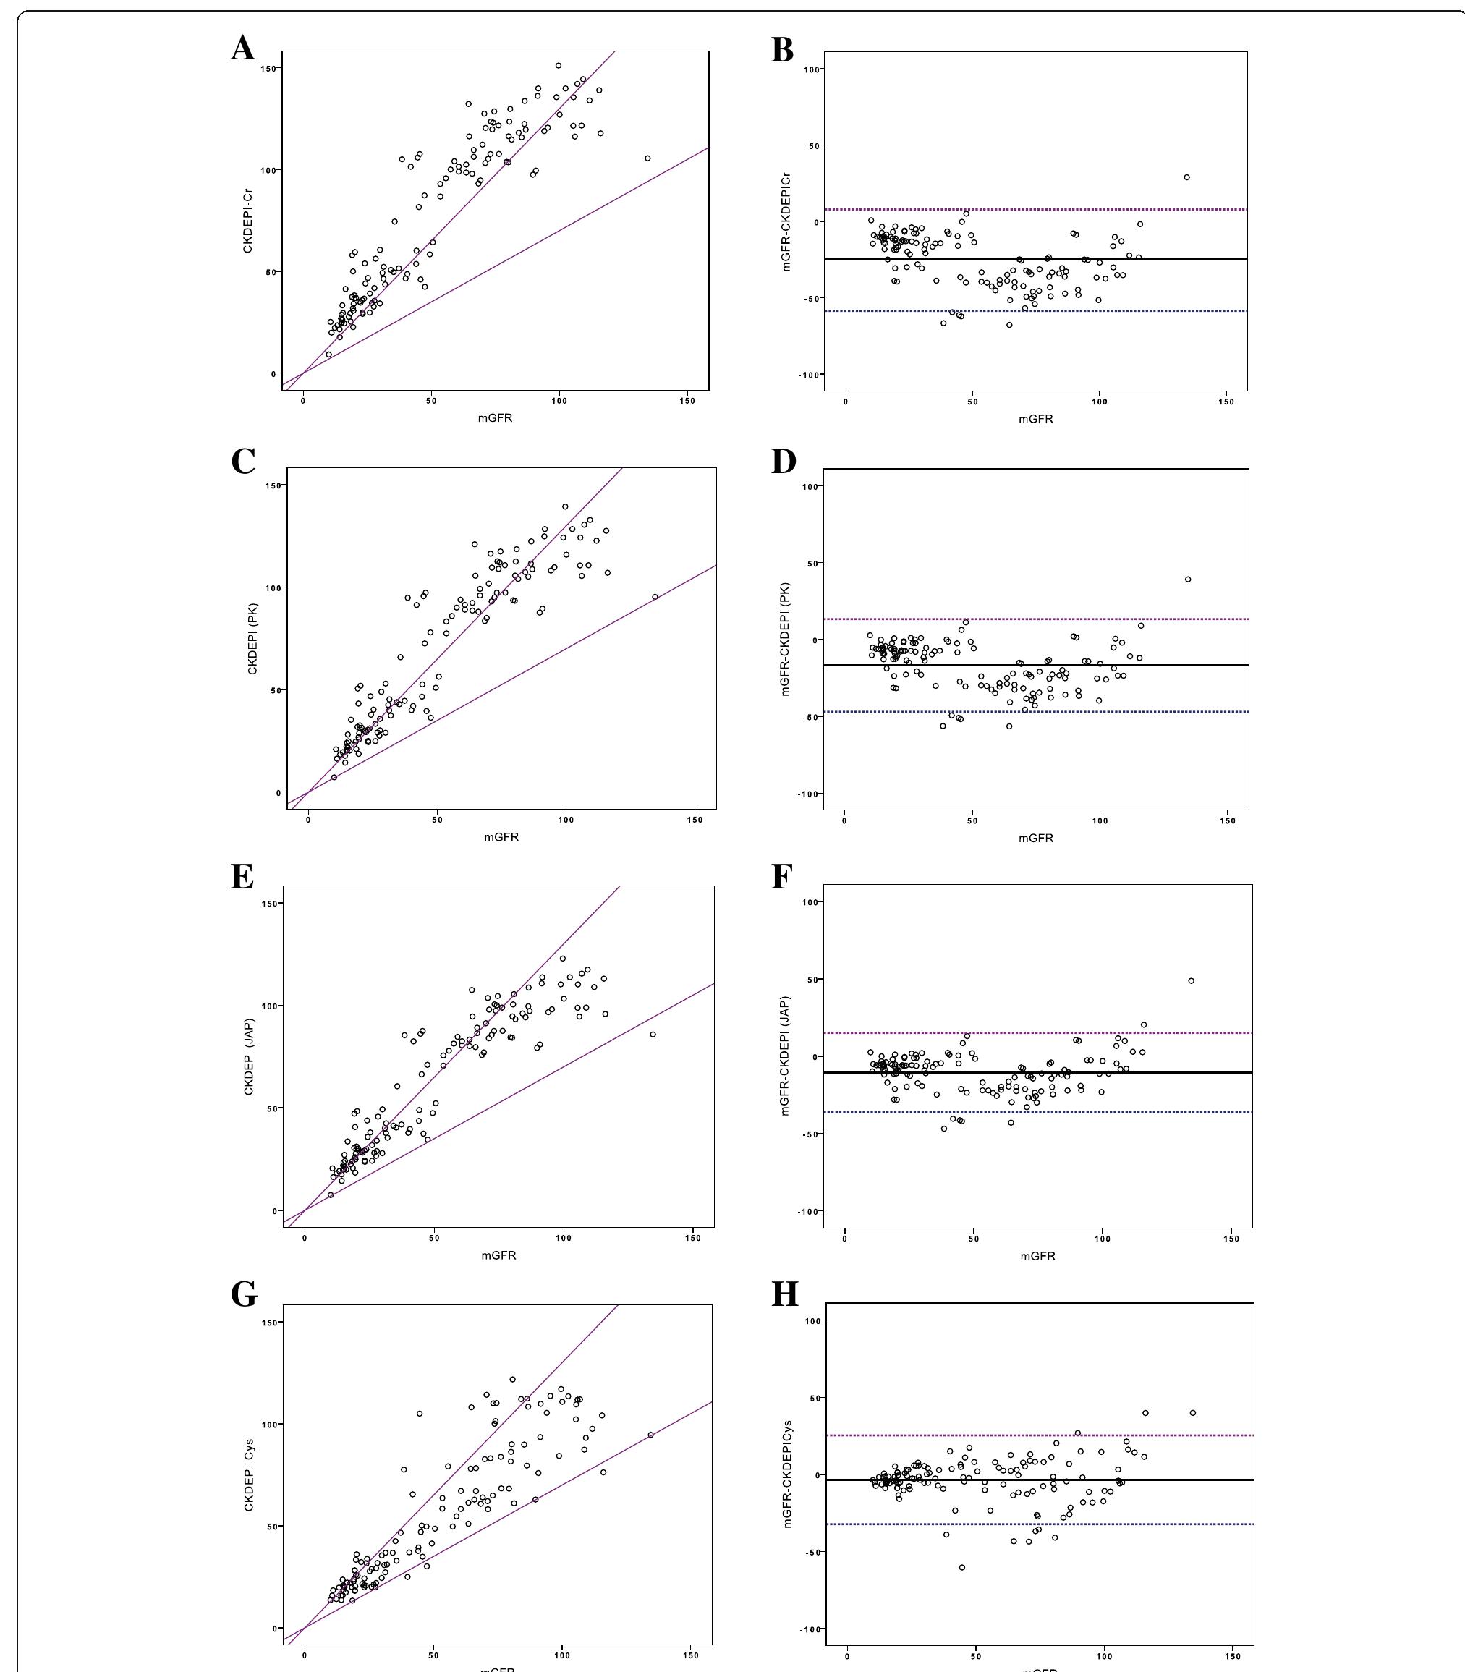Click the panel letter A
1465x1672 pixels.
click(243, 48)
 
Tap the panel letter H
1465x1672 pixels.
click(785, 1294)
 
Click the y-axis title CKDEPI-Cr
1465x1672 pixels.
click(247, 221)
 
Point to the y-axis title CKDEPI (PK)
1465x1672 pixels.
click(252, 640)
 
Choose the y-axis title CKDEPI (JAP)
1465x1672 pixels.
click(250, 1056)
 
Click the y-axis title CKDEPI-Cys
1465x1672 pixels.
click(250, 1475)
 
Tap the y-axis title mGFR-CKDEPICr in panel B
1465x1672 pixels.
click(786, 221)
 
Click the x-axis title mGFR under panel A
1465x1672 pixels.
click(495, 417)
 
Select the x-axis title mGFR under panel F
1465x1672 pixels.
click(1037, 1256)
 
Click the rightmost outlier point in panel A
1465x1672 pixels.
click(647, 158)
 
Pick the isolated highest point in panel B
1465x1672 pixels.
click(1187, 177)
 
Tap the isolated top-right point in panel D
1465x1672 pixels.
click(1188, 580)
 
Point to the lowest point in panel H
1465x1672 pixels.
click(962, 1567)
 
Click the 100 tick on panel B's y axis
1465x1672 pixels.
click(812, 69)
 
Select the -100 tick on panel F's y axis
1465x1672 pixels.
click(810, 1211)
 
